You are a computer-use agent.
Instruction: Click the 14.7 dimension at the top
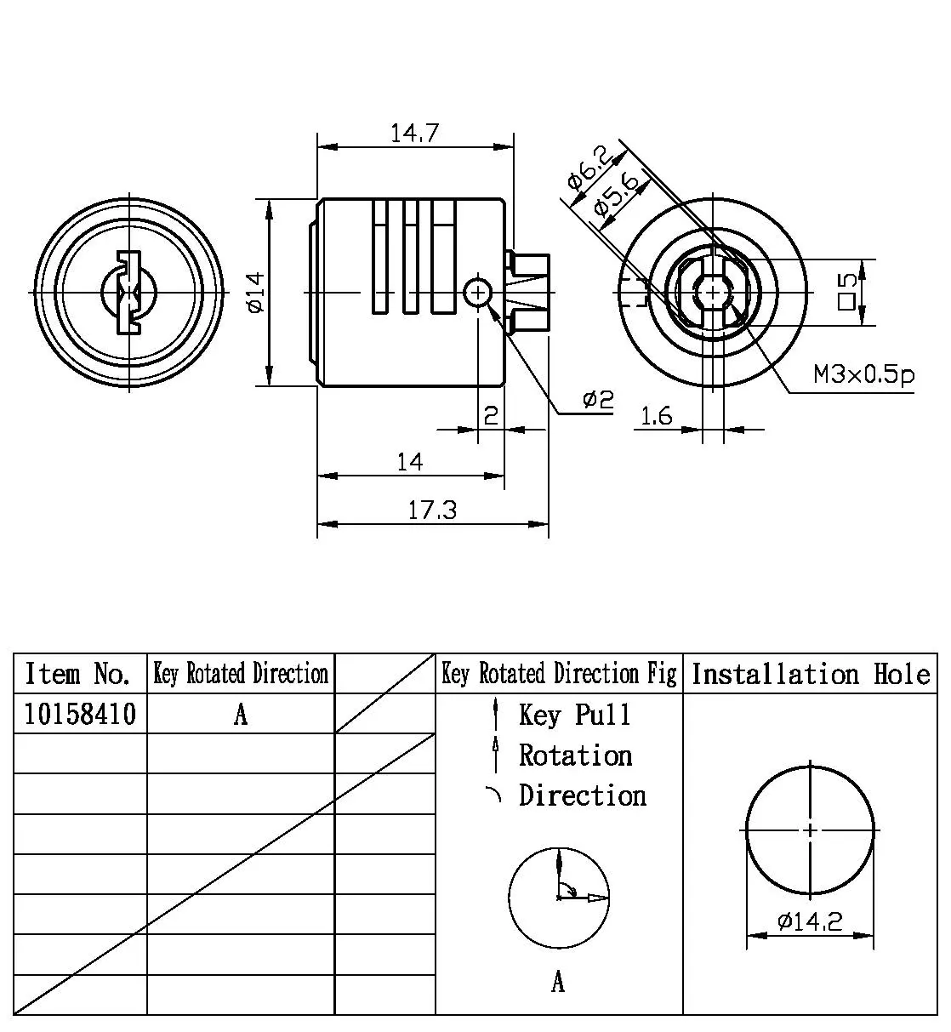point(414,134)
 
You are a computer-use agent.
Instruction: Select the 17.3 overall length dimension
point(432,510)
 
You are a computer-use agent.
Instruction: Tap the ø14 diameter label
point(255,292)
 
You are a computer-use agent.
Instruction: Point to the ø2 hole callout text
point(597,399)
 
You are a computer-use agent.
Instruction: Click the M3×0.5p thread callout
point(863,373)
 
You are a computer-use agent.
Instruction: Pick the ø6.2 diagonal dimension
point(589,168)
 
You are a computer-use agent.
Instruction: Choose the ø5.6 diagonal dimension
point(617,194)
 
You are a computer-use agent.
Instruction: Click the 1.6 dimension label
point(656,415)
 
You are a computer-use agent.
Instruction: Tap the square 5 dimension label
point(846,292)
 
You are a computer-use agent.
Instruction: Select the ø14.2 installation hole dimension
point(810,921)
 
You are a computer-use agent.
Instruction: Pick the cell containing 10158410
point(80,714)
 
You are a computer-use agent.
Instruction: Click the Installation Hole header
point(810,675)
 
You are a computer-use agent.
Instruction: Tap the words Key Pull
point(575,715)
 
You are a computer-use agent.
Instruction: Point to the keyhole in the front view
point(128,292)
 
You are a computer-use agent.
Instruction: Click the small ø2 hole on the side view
point(477,293)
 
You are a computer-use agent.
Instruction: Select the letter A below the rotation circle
point(558,983)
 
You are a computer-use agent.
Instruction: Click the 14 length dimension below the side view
point(409,462)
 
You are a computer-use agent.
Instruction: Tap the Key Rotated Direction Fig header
point(559,675)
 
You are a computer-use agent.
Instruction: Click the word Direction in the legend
point(583,795)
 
